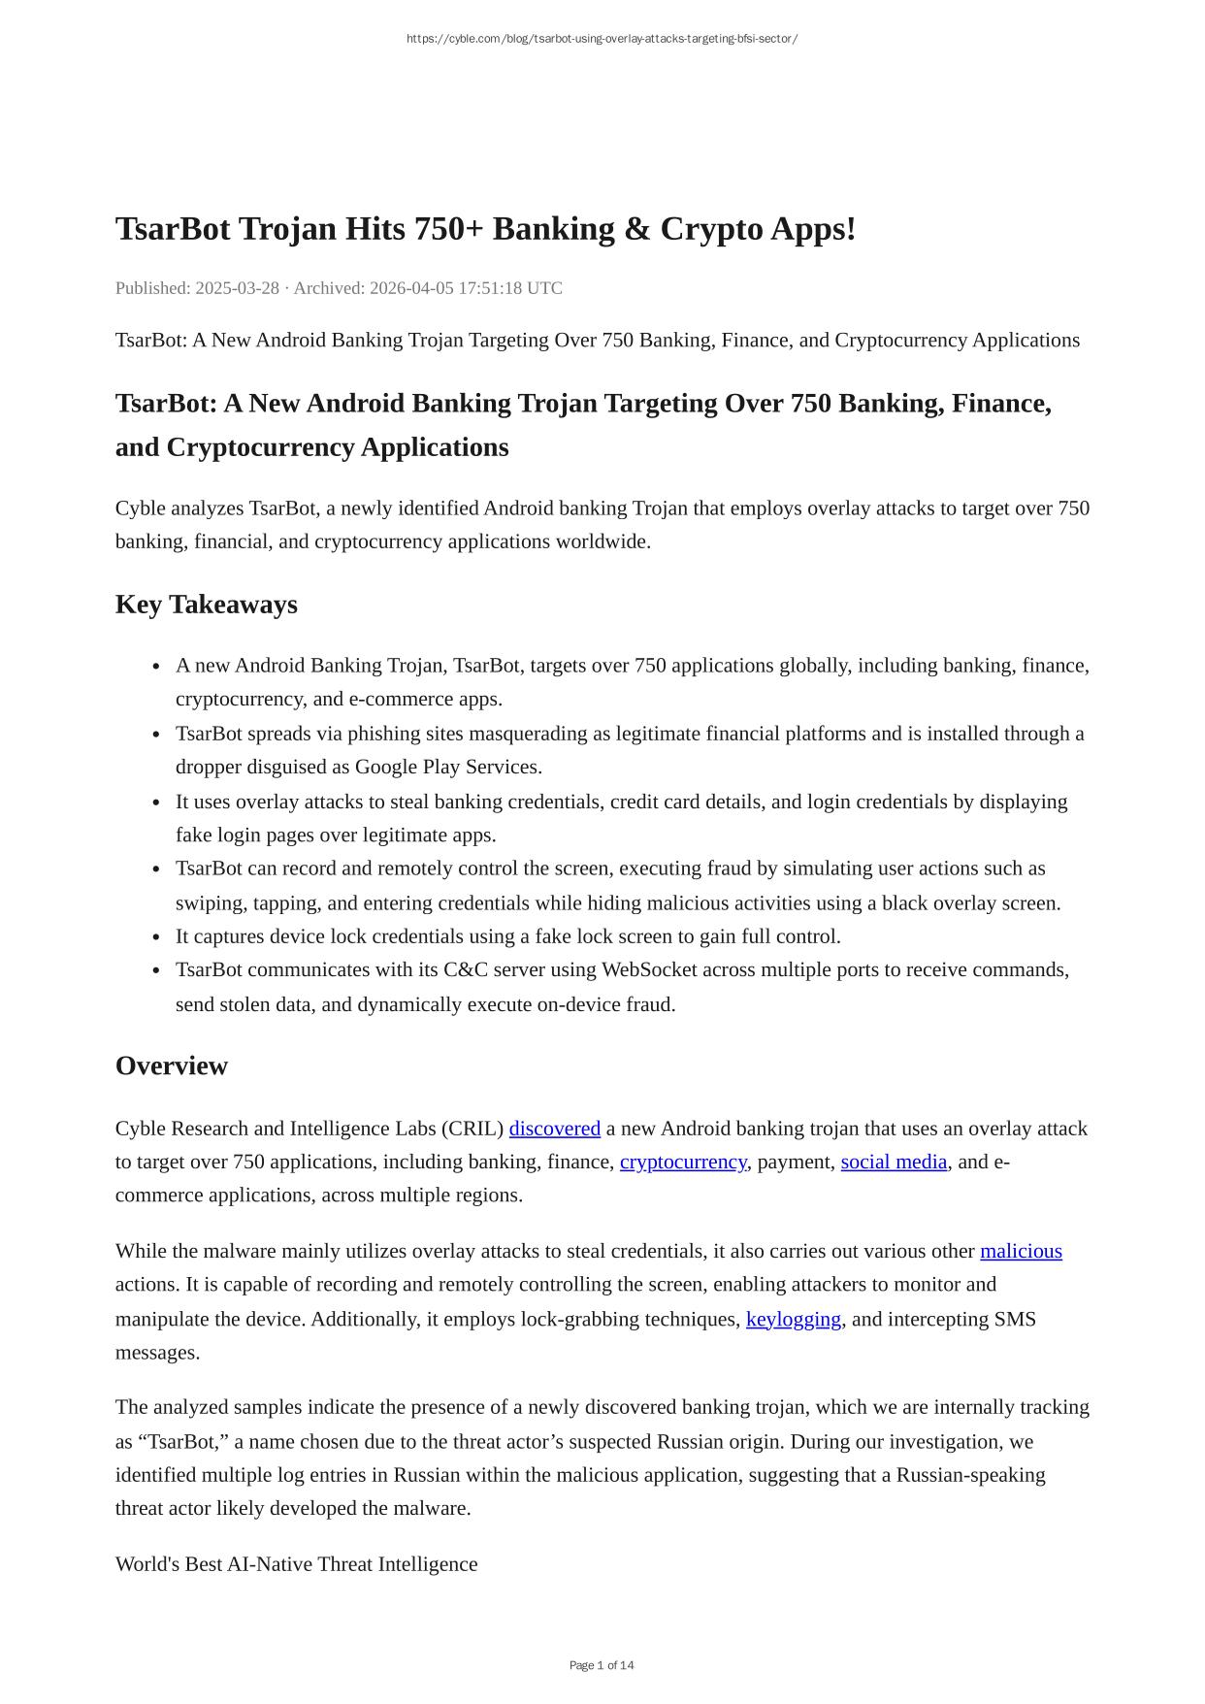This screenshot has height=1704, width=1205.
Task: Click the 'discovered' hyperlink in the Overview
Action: tap(554, 1129)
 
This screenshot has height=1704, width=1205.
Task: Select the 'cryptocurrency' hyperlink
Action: tap(683, 1162)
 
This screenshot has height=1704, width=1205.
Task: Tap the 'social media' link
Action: tap(894, 1162)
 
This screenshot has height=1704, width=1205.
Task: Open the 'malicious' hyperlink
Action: tap(1021, 1251)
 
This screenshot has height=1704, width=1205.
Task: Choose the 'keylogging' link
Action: tap(793, 1319)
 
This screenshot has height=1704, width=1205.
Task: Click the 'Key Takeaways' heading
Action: tap(206, 605)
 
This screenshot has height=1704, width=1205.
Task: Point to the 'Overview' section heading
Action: tap(171, 1065)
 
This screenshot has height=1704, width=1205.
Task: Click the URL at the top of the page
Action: tap(602, 39)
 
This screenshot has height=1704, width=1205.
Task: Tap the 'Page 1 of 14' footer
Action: tap(602, 1665)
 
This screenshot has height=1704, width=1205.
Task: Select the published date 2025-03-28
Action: tap(237, 288)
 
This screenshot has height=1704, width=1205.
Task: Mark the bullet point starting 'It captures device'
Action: tap(507, 936)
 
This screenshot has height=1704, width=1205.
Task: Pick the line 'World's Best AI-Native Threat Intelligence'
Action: tap(296, 1564)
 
